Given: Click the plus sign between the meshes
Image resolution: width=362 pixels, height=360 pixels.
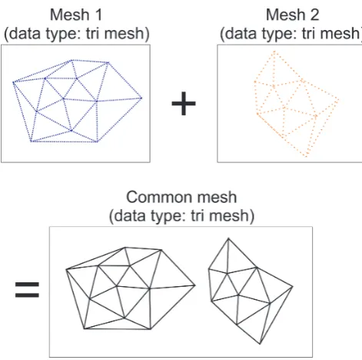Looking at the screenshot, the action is pyautogui.click(x=184, y=104).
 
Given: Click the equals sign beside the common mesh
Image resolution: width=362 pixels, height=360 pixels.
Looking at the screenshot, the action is pyautogui.click(x=27, y=289).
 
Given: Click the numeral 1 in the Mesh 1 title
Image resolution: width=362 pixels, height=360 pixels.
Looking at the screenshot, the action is pyautogui.click(x=98, y=15).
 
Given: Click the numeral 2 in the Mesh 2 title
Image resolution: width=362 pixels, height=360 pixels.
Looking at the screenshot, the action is pyautogui.click(x=315, y=15).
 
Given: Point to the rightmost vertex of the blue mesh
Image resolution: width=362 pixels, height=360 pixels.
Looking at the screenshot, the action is pyautogui.click(x=141, y=98).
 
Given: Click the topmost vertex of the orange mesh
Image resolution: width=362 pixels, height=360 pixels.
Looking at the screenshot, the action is pyautogui.click(x=274, y=52).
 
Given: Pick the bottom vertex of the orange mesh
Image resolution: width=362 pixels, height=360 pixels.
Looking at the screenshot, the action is pyautogui.click(x=307, y=155).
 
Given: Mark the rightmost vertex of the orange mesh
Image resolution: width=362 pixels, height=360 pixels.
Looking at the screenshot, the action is pyautogui.click(x=338, y=100).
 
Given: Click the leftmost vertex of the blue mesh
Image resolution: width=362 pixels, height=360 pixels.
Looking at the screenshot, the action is pyautogui.click(x=13, y=82).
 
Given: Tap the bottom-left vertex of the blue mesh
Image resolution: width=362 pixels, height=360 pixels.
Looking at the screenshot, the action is pyautogui.click(x=32, y=141).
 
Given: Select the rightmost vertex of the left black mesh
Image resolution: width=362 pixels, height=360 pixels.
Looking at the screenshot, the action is pyautogui.click(x=195, y=285).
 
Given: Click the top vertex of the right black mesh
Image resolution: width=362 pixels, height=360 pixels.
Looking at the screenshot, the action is pyautogui.click(x=228, y=238).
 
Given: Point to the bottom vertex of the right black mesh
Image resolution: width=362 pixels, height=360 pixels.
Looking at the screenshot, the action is pyautogui.click(x=260, y=344).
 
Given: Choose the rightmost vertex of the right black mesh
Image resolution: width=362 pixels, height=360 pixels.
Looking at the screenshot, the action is pyautogui.click(x=292, y=287).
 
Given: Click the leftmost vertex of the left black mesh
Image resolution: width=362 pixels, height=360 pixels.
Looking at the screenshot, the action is pyautogui.click(x=66, y=269).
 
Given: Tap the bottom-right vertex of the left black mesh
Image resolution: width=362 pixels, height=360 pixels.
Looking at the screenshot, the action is pyautogui.click(x=151, y=329).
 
